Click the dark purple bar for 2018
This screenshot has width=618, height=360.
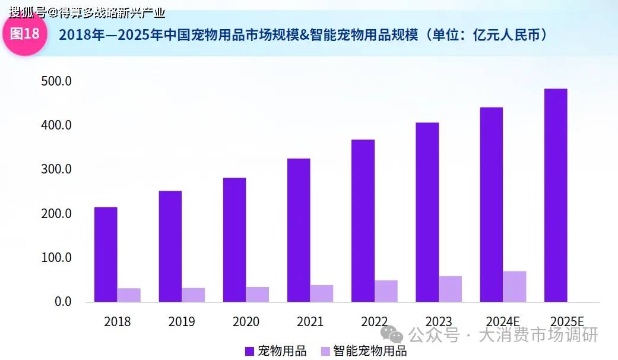pos(106,254)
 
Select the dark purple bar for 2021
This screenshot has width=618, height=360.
pos(299,230)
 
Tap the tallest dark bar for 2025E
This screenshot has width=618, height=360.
pos(556,195)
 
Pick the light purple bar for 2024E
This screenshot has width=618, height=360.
pos(514,286)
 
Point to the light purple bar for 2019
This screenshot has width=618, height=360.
pos(194,295)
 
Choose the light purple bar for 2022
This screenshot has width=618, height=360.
pos(386,290)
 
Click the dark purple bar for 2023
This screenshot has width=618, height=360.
pos(427,212)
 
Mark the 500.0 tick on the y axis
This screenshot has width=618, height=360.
pos(56,81)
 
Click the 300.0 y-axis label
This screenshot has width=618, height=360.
pos(56,169)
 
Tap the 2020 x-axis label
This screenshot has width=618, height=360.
pos(246,322)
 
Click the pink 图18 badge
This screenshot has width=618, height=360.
pos(25,33)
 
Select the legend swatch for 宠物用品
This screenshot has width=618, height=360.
pos(249,351)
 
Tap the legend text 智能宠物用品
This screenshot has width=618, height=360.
pos(369,351)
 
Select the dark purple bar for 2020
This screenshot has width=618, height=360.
pos(234,239)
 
